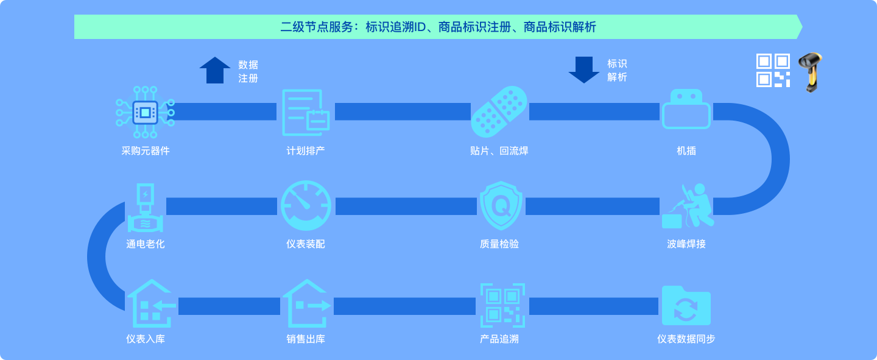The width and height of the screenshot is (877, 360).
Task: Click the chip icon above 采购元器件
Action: point(145,113)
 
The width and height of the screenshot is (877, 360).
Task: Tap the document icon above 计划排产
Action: point(306,113)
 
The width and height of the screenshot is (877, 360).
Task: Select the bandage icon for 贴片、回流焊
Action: point(499,111)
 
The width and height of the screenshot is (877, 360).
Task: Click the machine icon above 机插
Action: point(686,109)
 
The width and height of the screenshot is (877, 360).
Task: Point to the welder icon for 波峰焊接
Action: point(688,206)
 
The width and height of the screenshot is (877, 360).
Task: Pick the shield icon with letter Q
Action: point(501,206)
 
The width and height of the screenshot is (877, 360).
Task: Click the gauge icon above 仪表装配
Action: point(306,206)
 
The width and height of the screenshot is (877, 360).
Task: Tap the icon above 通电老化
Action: point(145,208)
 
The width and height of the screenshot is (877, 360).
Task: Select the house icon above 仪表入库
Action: point(151,303)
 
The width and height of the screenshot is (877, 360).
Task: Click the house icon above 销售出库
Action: point(306,303)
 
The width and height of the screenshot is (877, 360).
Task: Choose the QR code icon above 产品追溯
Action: point(502,305)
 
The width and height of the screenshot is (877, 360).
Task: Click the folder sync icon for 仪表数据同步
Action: point(686,306)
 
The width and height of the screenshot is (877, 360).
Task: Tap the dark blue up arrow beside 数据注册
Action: point(215,70)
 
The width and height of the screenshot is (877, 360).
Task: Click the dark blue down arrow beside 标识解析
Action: point(583,70)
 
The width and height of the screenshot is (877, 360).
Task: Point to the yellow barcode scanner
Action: point(811,72)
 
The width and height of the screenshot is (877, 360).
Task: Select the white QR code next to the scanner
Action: point(773,71)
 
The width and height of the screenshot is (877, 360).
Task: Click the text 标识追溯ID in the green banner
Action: point(395,27)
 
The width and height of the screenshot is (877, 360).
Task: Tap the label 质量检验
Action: point(499,244)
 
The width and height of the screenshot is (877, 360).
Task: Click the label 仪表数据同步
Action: point(686,339)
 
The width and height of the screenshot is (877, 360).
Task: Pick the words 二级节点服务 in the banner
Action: point(317,27)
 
